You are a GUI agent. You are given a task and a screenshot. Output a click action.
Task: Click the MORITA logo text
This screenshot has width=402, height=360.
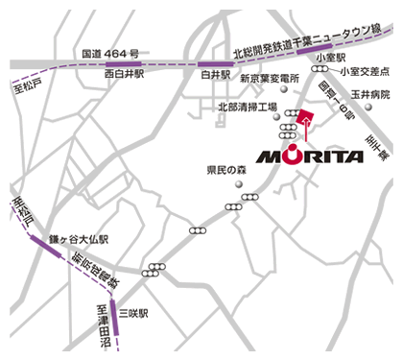point(309,156)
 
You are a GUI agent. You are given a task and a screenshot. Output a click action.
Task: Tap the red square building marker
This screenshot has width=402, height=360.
point(305,118)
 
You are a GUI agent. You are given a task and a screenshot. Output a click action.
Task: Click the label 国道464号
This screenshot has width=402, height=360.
point(110,53)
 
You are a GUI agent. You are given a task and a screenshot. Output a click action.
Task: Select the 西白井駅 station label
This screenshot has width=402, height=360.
point(126,73)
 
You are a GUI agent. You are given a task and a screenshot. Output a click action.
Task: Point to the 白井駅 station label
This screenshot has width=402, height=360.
point(215,73)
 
